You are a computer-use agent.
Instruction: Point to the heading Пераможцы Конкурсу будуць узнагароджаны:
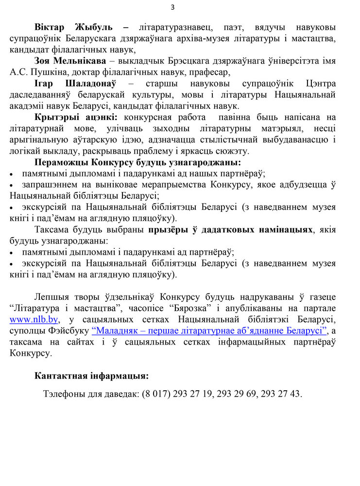click(138, 162)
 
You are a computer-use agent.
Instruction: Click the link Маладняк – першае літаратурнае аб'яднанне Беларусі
click(209, 330)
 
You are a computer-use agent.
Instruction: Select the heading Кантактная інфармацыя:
click(91, 376)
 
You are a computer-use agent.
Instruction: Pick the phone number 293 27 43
click(280, 394)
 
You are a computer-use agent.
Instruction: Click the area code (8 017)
click(156, 394)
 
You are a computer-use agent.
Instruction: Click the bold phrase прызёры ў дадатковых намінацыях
click(231, 229)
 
